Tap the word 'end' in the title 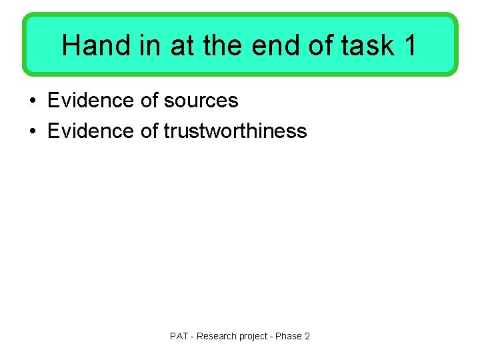click(x=274, y=45)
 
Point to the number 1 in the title click(x=409, y=45)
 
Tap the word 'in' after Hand click(x=147, y=45)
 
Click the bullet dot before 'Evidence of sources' click(x=32, y=101)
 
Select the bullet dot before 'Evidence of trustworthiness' click(x=32, y=131)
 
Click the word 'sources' click(x=201, y=101)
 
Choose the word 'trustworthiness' click(x=235, y=131)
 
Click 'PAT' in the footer click(x=179, y=336)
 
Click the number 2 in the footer click(x=307, y=336)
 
